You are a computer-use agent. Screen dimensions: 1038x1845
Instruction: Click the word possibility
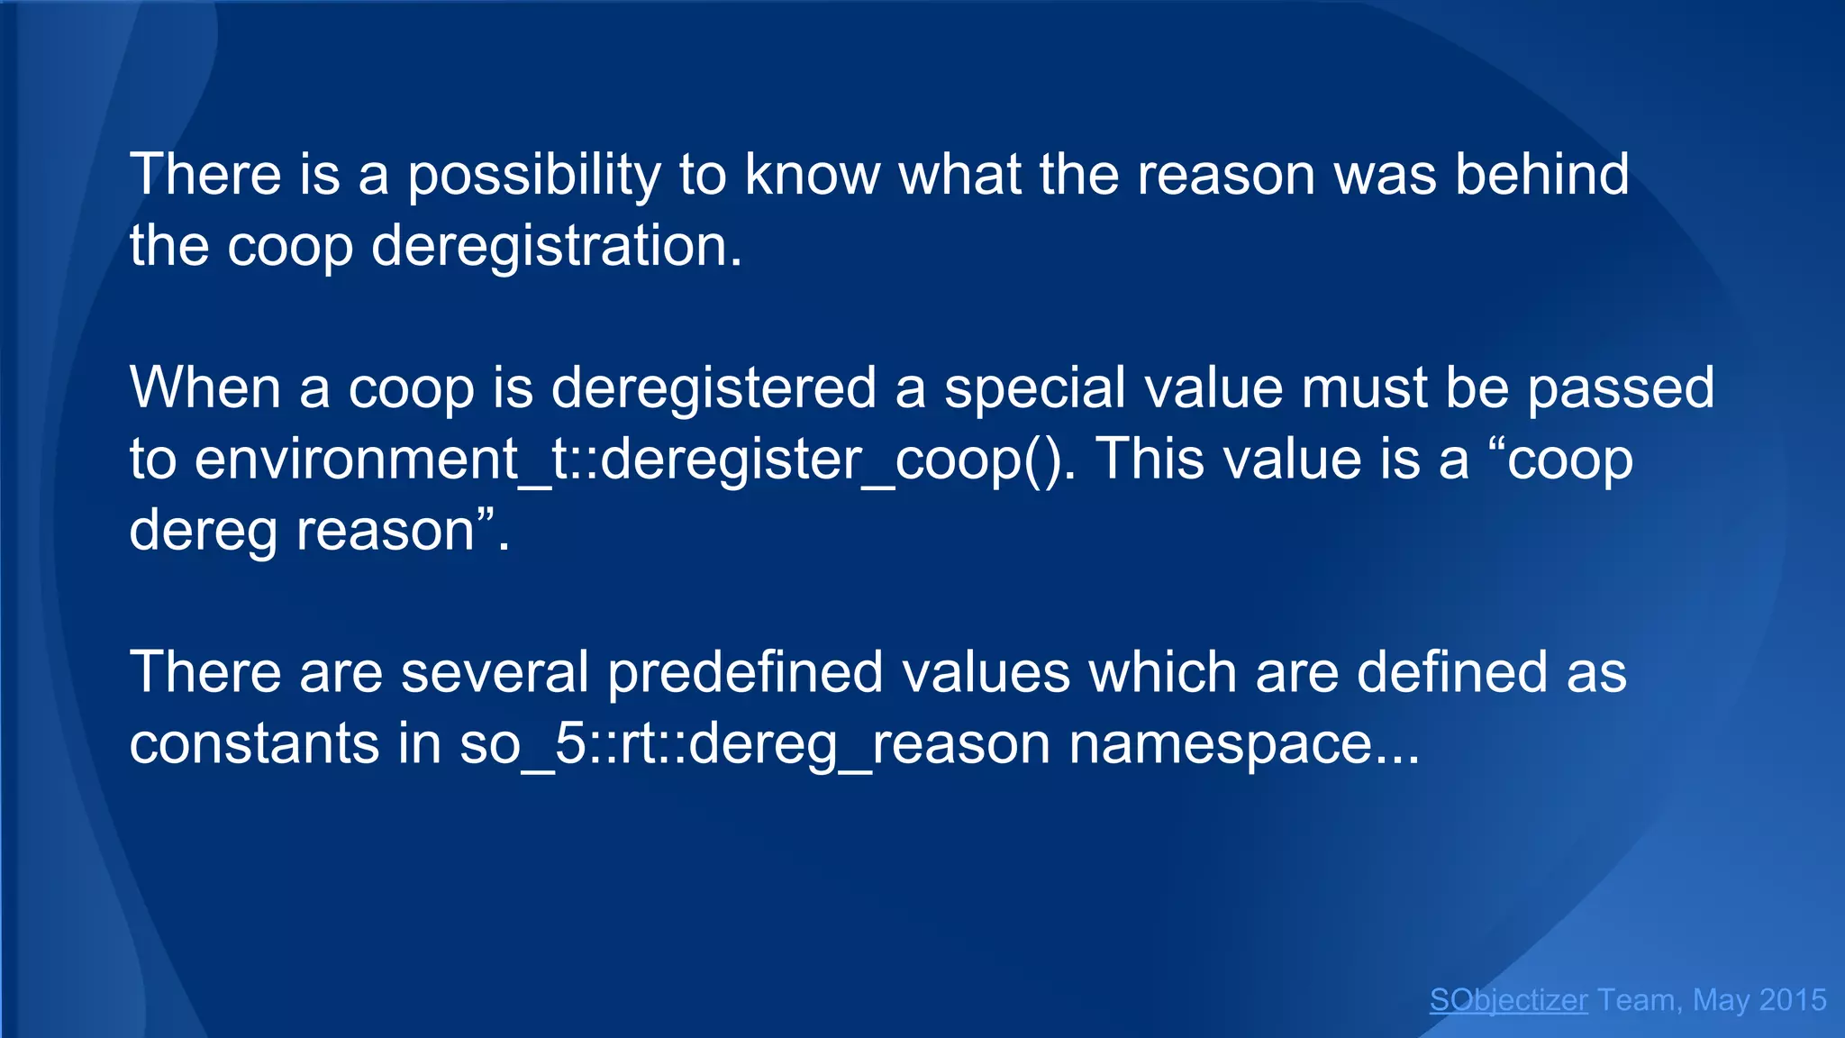pyautogui.click(x=534, y=176)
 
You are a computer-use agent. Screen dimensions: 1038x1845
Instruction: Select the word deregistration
pyautogui.click(x=556, y=247)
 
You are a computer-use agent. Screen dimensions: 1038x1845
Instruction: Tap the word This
pyautogui.click(x=1150, y=460)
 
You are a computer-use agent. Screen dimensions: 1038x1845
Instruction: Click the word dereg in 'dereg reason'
pyautogui.click(x=203, y=532)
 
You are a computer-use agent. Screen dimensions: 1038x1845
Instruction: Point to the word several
pyautogui.click(x=495, y=673)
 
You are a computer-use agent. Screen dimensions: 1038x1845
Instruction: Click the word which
pyautogui.click(x=1162, y=673)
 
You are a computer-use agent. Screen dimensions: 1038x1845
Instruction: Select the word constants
pyautogui.click(x=254, y=745)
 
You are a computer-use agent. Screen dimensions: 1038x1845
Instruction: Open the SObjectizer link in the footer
pyautogui.click(x=1508, y=1000)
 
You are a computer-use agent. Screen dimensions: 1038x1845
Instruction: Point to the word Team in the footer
pyautogui.click(x=1636, y=1000)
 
